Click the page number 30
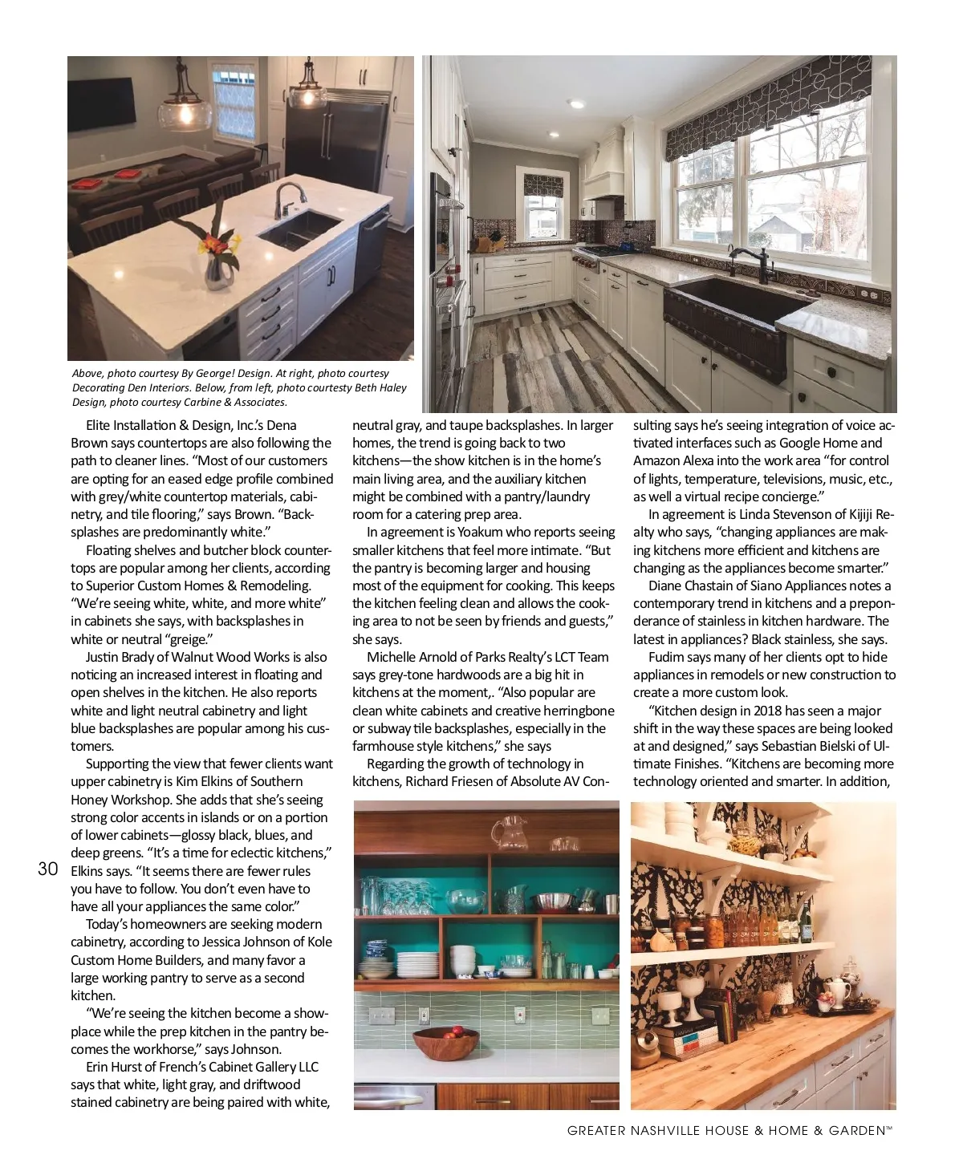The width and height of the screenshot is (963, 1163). [x=48, y=869]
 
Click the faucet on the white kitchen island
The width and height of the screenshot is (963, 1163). [x=287, y=200]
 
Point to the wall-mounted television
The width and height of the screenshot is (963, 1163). [x=102, y=102]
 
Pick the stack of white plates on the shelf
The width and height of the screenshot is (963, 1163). [x=417, y=964]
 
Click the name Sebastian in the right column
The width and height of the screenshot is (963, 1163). [x=790, y=746]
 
